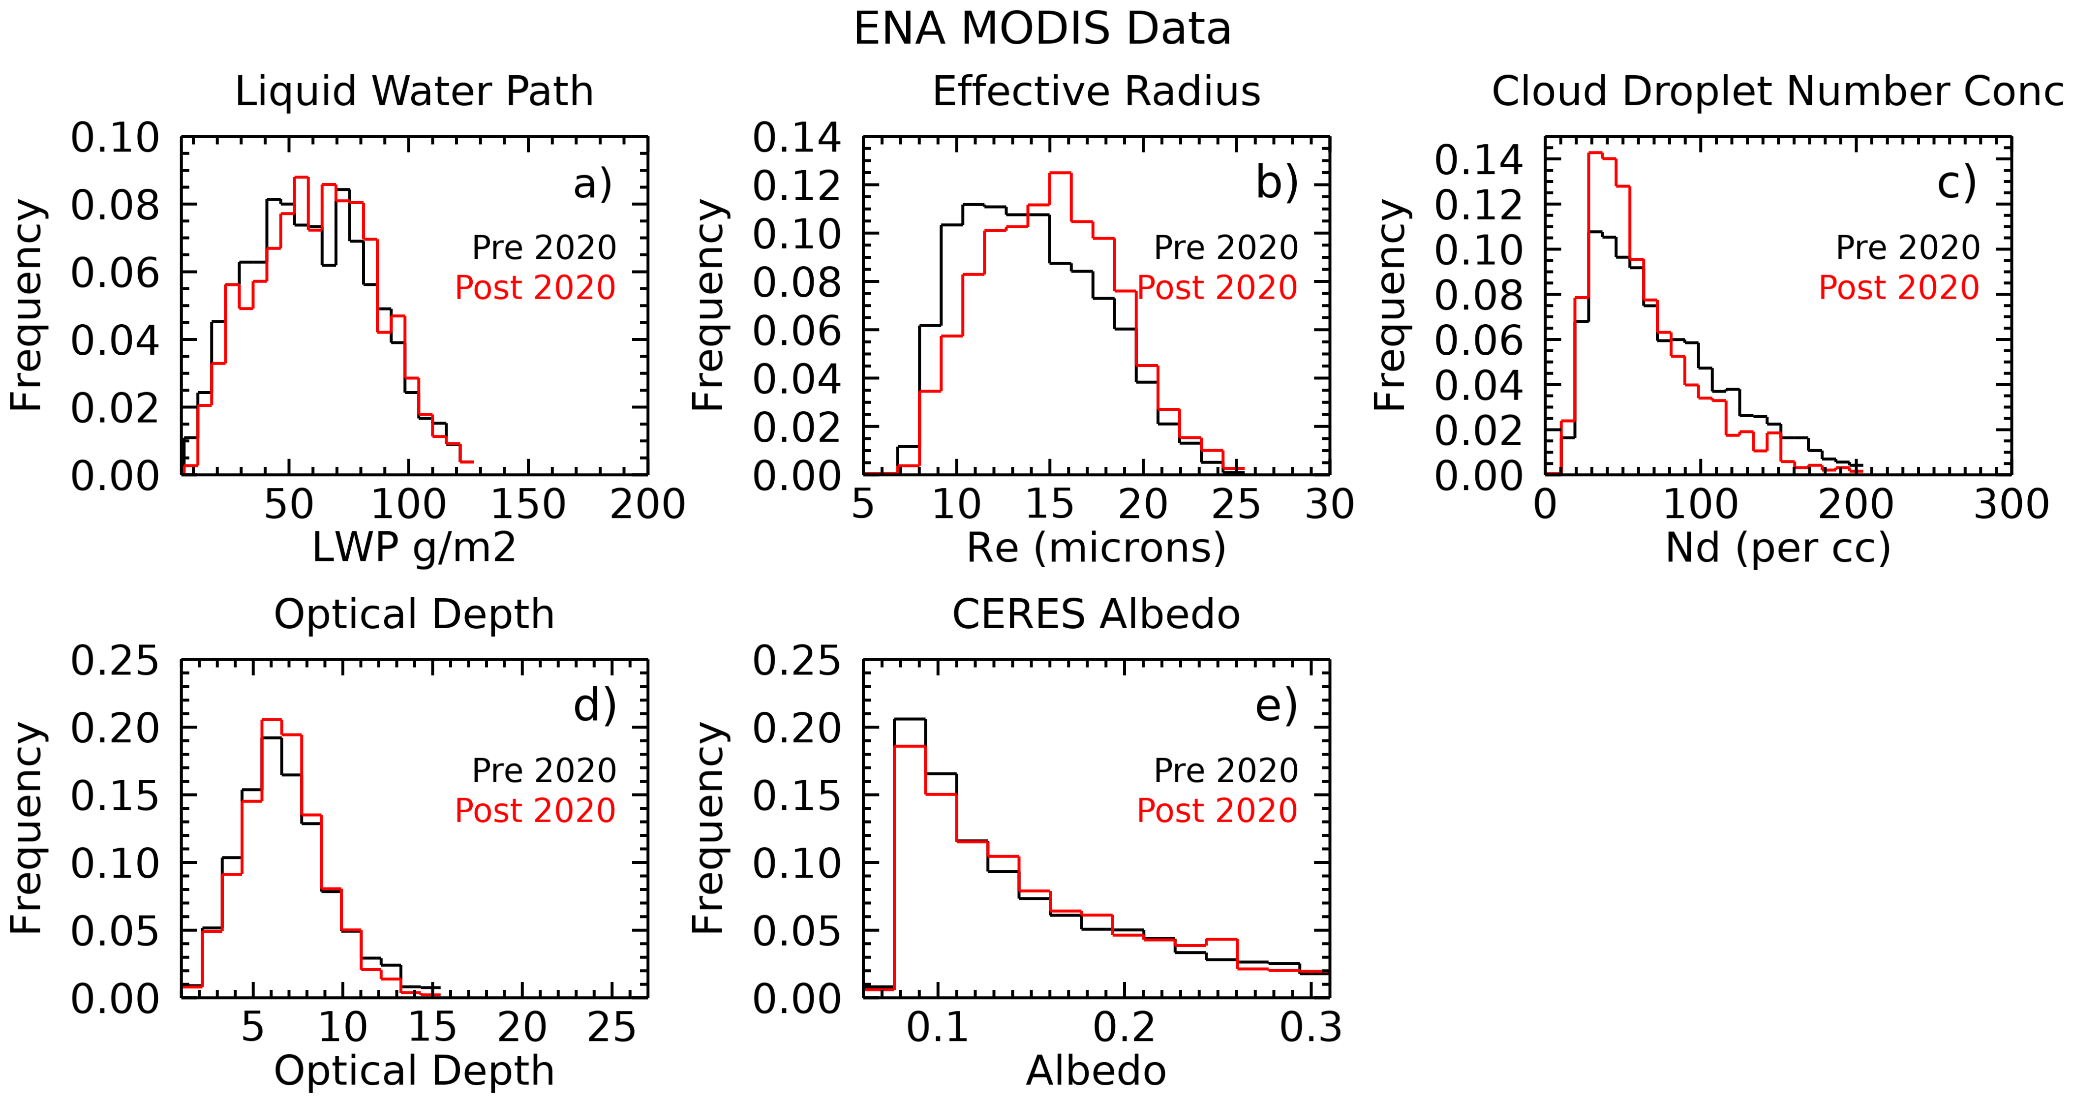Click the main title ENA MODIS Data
(1042, 30)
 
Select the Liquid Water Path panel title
(414, 91)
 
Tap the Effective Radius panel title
(1096, 91)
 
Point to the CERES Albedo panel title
(1096, 614)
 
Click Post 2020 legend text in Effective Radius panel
(1217, 287)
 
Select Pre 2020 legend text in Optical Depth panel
(544, 771)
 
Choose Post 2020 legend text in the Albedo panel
(1217, 810)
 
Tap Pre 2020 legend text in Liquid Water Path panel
(544, 248)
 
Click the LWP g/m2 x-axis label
(414, 548)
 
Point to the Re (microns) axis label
(1096, 548)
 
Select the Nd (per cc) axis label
(1778, 548)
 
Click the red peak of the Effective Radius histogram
(1061, 173)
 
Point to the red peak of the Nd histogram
(1596, 153)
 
